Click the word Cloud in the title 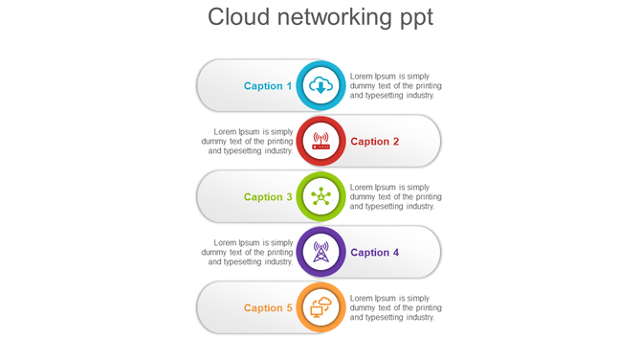coord(240,17)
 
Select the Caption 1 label coord(268,86)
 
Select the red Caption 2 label coord(375,142)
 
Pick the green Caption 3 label coord(268,197)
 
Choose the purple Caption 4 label coord(375,253)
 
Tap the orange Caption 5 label coord(268,308)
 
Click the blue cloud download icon coord(320,86)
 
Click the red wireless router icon coord(320,142)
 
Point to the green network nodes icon coord(320,197)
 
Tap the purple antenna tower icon coord(320,253)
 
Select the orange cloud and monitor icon coord(320,308)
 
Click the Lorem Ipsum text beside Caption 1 coord(395,86)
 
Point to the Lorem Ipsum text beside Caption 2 coord(248,142)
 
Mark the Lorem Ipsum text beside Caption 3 coord(395,197)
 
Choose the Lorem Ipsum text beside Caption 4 coord(248,253)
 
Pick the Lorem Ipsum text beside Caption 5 coord(395,308)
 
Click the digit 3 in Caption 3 coord(289,197)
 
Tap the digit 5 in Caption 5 coord(289,308)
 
